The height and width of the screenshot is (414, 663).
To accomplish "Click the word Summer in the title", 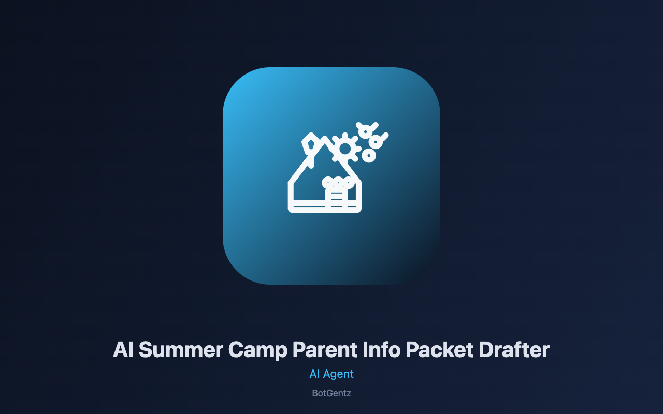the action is pyautogui.click(x=181, y=350).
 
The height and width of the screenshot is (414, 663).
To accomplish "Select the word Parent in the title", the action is pyautogui.click(x=325, y=350).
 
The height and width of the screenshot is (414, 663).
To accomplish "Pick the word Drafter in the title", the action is pyautogui.click(x=514, y=350).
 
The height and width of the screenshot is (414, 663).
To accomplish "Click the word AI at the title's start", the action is pyautogui.click(x=123, y=350).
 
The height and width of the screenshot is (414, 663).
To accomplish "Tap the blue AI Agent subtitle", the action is pyautogui.click(x=331, y=374).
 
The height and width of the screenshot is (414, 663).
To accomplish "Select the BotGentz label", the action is pyautogui.click(x=331, y=393).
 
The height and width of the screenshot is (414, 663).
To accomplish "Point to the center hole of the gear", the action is pyautogui.click(x=345, y=149).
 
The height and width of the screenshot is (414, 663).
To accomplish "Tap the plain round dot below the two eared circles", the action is pyautogui.click(x=369, y=155).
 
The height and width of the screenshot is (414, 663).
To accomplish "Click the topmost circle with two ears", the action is pyautogui.click(x=366, y=130).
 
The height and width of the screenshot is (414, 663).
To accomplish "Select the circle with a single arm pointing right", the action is pyautogui.click(x=377, y=141).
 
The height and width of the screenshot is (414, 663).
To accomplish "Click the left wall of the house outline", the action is pyautogui.click(x=291, y=194).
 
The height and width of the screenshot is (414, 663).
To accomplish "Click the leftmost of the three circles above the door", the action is pyautogui.click(x=328, y=183).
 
